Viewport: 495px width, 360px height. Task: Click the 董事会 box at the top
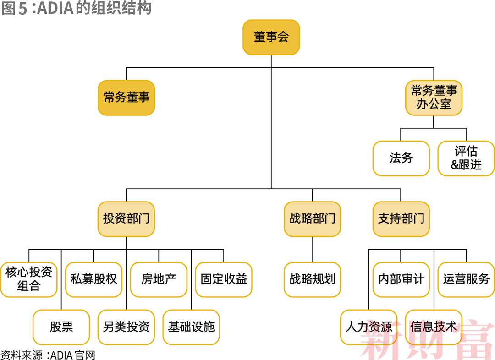[271, 37]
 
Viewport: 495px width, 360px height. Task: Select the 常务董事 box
[126, 98]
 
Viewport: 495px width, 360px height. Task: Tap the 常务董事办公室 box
[434, 98]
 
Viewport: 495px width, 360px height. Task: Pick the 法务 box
[401, 158]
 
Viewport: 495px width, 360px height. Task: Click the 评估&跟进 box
[466, 158]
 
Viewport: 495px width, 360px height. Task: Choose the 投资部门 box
[126, 218]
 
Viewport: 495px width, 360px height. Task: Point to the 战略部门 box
[312, 218]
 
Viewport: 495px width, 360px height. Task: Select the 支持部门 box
[401, 218]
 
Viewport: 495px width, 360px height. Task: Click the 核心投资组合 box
[29, 279]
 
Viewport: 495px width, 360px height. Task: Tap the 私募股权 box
[94, 279]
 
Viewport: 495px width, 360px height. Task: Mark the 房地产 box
[159, 279]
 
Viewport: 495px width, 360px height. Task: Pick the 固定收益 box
[224, 279]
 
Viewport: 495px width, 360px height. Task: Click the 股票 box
[61, 327]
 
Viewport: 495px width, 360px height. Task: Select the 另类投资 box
[126, 327]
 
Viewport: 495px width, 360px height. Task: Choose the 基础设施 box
[191, 327]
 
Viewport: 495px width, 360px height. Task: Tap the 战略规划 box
[312, 279]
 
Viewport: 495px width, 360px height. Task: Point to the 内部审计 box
[401, 279]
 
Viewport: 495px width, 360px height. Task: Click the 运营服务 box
[466, 279]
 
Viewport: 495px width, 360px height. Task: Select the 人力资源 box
[368, 327]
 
